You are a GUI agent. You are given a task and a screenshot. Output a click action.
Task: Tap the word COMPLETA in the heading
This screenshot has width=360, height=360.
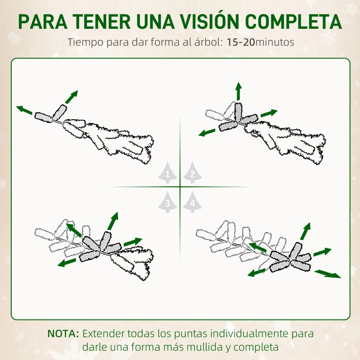(293, 22)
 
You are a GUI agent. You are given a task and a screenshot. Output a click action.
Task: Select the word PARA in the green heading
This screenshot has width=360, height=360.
(43, 22)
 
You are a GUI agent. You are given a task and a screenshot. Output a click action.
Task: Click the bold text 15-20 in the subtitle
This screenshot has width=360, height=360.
(241, 42)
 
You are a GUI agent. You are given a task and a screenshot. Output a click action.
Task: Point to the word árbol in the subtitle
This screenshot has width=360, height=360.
(209, 42)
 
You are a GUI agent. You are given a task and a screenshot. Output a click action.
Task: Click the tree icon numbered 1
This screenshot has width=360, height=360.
(167, 172)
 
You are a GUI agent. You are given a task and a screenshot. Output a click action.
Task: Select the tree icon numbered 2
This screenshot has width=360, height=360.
(193, 172)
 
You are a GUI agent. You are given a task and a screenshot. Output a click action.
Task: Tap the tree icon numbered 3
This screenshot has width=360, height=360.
(167, 202)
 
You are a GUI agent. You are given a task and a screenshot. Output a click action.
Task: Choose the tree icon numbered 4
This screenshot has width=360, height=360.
(193, 202)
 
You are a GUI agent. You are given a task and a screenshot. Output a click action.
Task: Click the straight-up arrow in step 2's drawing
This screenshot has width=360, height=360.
(239, 91)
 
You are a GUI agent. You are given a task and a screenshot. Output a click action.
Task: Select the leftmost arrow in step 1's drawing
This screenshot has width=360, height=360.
(24, 110)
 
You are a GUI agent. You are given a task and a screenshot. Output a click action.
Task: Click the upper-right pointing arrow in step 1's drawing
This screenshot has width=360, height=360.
(72, 97)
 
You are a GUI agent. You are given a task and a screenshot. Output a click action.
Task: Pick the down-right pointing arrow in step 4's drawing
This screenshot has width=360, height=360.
(328, 274)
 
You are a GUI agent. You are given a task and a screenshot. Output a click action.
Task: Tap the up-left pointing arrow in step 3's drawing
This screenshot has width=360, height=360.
(74, 230)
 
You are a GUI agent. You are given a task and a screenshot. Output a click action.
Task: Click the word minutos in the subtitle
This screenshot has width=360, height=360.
(274, 42)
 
